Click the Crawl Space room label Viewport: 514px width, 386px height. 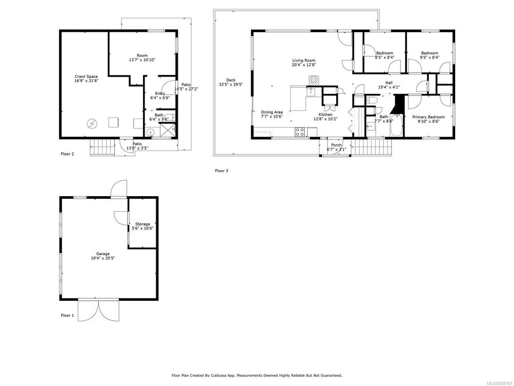click(x=86, y=77)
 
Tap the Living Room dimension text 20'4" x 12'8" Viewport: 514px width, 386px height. click(x=304, y=65)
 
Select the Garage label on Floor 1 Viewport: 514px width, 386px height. click(x=103, y=254)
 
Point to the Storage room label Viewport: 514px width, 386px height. click(x=142, y=224)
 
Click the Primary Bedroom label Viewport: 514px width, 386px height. click(x=428, y=117)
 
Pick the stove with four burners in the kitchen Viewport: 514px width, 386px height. click(x=300, y=132)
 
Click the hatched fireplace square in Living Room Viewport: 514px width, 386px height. click(x=314, y=80)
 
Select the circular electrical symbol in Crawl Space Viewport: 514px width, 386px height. click(x=92, y=123)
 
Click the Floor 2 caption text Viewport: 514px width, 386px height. click(x=67, y=154)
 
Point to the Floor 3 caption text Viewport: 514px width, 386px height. click(x=222, y=170)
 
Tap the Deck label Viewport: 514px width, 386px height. click(x=231, y=80)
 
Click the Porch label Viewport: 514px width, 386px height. click(x=336, y=145)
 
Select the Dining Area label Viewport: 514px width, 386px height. click(x=272, y=112)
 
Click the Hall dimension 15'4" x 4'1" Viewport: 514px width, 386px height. click(x=389, y=87)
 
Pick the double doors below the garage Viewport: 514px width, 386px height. click(x=99, y=310)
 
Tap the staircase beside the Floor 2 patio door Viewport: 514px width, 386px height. click(x=103, y=147)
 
